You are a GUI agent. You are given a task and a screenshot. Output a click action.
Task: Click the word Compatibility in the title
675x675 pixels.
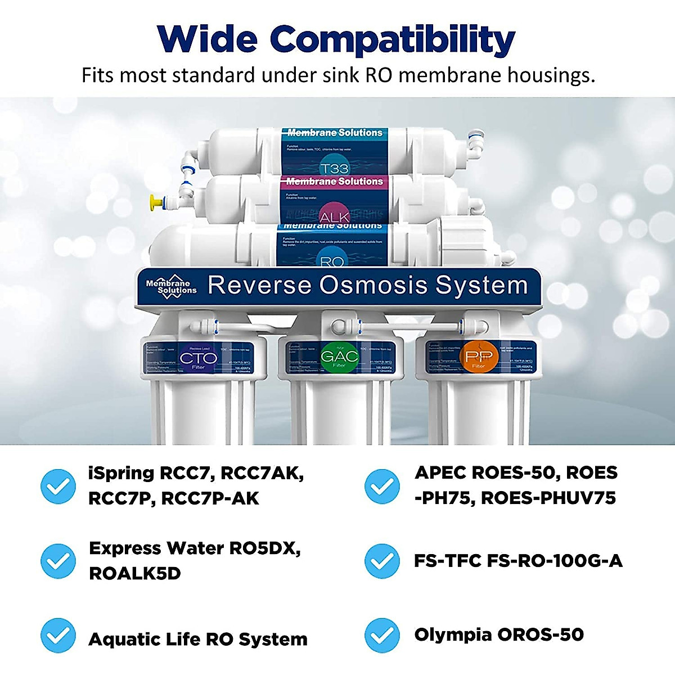click(392, 40)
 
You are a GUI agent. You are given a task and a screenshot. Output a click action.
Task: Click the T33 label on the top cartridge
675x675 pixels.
click(334, 168)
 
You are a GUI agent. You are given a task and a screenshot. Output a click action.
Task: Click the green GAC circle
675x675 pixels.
click(339, 357)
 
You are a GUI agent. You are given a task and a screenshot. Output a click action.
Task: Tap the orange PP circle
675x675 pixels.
click(479, 357)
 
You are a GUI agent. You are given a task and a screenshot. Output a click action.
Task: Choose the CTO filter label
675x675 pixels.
click(198, 358)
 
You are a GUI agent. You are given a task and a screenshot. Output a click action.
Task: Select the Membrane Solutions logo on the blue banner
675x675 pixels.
click(171, 286)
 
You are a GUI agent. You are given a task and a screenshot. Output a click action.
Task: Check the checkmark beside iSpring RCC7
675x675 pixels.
click(58, 486)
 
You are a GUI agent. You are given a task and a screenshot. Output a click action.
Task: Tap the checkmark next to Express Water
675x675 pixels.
click(58, 561)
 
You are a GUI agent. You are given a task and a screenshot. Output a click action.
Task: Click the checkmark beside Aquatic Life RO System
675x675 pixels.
click(58, 636)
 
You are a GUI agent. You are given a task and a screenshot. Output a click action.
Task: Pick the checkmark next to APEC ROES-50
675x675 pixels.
click(382, 486)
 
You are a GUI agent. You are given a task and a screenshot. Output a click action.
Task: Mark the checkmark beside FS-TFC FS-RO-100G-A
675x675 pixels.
click(382, 561)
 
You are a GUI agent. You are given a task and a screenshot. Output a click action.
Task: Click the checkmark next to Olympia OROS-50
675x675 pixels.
click(382, 636)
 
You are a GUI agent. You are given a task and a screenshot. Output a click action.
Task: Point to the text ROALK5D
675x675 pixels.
click(135, 574)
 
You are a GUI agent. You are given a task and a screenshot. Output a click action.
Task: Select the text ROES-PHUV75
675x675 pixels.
click(548, 498)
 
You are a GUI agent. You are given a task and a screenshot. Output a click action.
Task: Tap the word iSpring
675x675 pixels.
click(121, 474)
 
